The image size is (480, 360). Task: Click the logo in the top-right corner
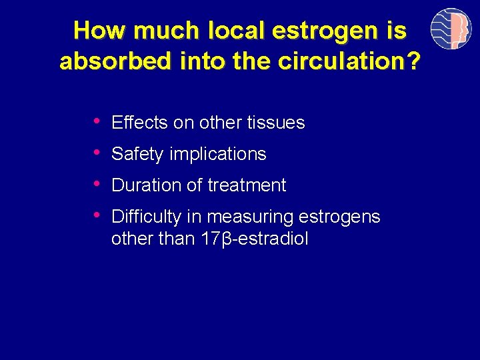(451, 29)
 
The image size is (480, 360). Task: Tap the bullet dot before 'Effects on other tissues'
(97, 121)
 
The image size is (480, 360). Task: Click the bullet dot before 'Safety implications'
(97, 152)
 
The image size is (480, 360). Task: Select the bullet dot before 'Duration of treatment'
(97, 183)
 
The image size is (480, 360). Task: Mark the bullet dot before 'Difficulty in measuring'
(97, 215)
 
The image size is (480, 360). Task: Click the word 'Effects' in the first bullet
(140, 123)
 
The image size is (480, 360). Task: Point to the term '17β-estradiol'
(254, 239)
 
